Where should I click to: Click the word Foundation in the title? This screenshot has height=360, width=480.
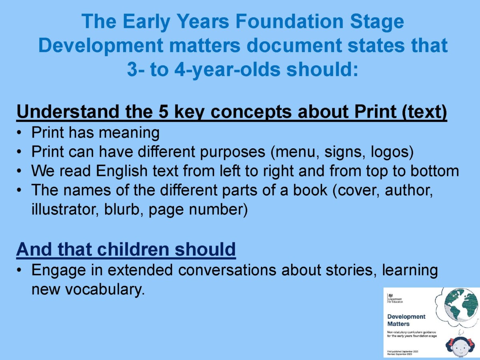click(x=290, y=22)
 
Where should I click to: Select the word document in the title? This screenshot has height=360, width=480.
click(x=294, y=46)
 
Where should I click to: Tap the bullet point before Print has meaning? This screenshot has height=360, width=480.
click(x=19, y=132)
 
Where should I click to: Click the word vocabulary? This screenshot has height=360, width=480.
click(x=105, y=290)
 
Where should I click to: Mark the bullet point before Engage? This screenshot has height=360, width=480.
click(x=19, y=270)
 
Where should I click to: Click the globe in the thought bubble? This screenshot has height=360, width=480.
click(x=461, y=306)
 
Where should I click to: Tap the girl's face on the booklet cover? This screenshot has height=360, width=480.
click(x=460, y=347)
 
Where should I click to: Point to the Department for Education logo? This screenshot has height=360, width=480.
click(x=395, y=298)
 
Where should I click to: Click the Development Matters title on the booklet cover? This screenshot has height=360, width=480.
click(x=406, y=320)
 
